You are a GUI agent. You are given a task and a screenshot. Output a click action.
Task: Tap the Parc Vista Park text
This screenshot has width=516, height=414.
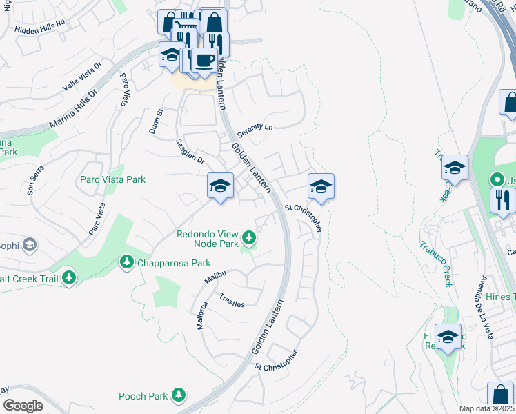pos(113,179)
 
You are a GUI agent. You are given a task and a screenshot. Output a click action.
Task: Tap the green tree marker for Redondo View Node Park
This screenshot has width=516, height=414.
pos(249,239)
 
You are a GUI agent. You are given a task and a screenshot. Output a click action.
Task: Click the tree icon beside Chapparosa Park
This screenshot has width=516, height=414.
pos(126,262)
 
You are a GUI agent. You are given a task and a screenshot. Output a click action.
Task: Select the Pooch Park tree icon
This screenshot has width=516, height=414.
pos(179,395)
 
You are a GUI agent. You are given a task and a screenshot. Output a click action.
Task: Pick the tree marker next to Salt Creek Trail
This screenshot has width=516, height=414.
pos(68,277)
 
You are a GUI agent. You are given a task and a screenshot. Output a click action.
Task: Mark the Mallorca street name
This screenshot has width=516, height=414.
pos(203,315)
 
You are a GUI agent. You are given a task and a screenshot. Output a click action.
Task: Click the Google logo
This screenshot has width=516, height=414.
pos(22,405)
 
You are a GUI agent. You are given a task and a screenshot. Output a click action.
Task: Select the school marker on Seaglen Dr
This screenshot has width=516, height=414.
pos(220,186)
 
